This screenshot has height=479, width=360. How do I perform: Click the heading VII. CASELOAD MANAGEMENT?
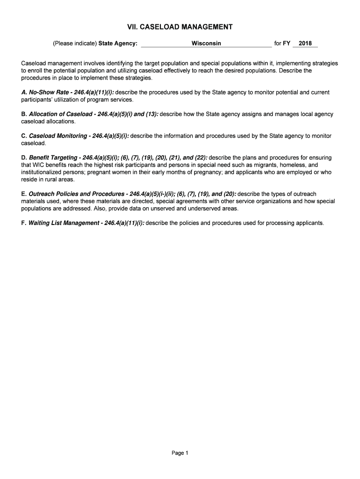[x=180, y=27]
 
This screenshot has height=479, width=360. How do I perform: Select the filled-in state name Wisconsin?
[x=206, y=44]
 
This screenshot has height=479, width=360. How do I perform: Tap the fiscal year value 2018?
[x=305, y=44]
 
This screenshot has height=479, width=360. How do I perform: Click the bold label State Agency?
[x=118, y=44]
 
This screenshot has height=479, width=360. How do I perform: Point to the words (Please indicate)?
[x=75, y=44]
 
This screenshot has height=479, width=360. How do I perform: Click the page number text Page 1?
[x=180, y=453]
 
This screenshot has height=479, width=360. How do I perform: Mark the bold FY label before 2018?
[x=287, y=44]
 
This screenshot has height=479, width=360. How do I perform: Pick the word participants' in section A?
[x=36, y=100]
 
